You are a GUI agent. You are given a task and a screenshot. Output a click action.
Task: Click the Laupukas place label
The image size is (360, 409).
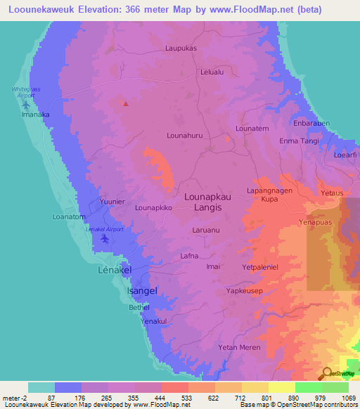tap(181, 48)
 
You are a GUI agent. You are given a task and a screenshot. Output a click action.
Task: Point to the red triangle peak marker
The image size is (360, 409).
tap(126, 104)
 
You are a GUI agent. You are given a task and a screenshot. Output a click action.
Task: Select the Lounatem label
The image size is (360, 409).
tap(252, 129)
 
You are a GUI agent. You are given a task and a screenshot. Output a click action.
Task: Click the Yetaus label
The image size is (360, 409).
tap(331, 192)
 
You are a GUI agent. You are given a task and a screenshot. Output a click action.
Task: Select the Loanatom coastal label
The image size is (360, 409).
tap(69, 217)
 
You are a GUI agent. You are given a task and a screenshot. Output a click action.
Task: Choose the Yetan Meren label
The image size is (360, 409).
tap(239, 347)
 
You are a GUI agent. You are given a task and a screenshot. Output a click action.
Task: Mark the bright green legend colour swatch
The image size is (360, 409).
tap(308, 387)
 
